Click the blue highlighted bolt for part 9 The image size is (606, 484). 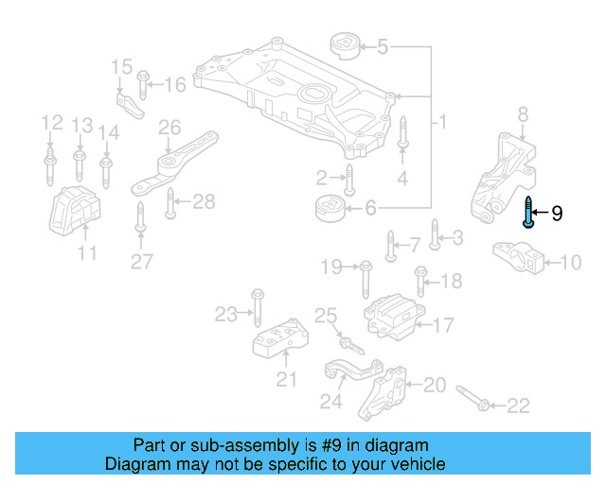click(x=528, y=214)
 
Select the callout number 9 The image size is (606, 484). click(x=557, y=214)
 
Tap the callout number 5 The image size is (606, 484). click(x=383, y=45)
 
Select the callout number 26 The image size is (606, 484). click(x=169, y=127)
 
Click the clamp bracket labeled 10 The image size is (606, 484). click(x=518, y=258)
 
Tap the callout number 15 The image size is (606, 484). click(x=121, y=67)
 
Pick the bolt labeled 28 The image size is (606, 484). click(x=170, y=201)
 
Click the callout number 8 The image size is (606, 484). click(x=523, y=115)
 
